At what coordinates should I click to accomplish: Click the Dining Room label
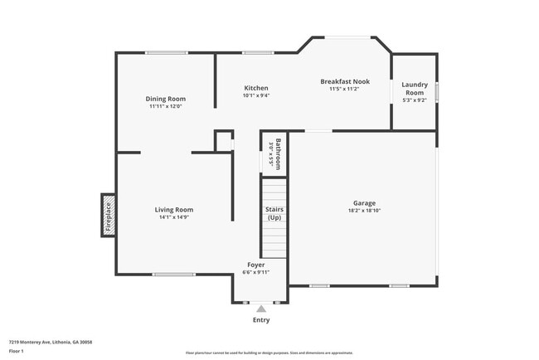click(165, 99)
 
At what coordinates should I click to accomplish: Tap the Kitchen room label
click(255, 88)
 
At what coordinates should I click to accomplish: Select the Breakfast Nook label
click(345, 81)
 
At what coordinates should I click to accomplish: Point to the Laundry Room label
click(414, 88)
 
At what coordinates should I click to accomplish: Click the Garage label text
click(364, 203)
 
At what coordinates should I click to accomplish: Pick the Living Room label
click(174, 210)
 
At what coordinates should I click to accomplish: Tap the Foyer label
click(255, 265)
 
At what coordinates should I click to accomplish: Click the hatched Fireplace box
click(108, 216)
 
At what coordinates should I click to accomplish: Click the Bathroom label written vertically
click(280, 153)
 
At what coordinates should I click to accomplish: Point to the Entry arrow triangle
click(260, 309)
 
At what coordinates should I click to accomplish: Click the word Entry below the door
click(260, 320)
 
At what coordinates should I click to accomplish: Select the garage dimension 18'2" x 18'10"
click(364, 212)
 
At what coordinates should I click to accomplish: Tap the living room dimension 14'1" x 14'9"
click(174, 218)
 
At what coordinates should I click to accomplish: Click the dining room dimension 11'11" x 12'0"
click(165, 106)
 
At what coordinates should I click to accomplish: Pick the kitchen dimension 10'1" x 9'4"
click(255, 95)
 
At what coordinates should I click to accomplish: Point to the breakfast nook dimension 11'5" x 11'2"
click(345, 89)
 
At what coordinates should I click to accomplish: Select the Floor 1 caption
click(17, 351)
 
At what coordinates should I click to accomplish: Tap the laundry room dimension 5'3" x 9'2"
click(414, 100)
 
